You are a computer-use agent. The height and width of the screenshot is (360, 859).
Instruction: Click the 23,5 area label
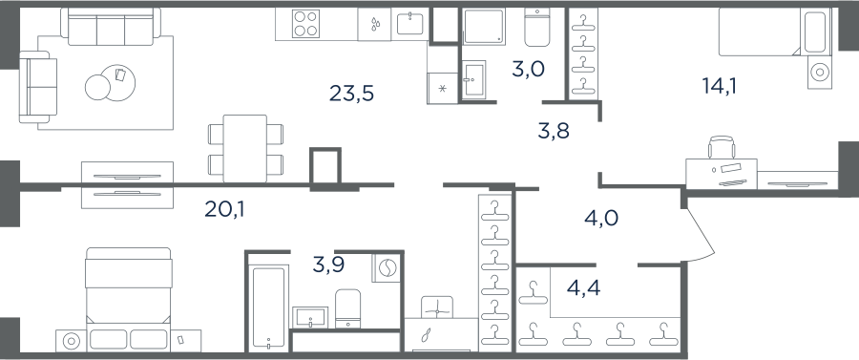tap(351, 94)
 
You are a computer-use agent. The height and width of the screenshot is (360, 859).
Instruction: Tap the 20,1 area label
tap(224, 209)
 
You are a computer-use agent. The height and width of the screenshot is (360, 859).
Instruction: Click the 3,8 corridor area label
tap(554, 131)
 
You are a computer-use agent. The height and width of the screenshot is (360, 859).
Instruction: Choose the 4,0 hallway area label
tap(601, 218)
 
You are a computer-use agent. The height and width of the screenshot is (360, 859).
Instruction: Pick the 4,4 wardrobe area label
tap(583, 287)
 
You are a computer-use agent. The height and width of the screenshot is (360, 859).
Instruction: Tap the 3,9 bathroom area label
tap(329, 265)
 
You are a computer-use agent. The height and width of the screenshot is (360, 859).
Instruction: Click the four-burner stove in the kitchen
tap(305, 24)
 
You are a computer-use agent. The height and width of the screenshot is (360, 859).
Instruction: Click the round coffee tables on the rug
tap(110, 83)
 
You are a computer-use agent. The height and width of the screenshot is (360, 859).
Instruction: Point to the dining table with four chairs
tap(245, 148)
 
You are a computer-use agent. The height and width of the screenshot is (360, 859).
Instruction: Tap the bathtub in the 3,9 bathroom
tap(268, 307)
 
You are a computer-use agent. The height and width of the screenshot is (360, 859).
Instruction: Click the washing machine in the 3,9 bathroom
tap(386, 268)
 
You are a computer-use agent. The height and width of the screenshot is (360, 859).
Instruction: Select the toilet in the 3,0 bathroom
tap(536, 27)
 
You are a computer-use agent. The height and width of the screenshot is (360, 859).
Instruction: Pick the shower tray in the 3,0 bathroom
tap(483, 26)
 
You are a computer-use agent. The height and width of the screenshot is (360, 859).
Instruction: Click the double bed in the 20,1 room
tap(129, 299)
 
